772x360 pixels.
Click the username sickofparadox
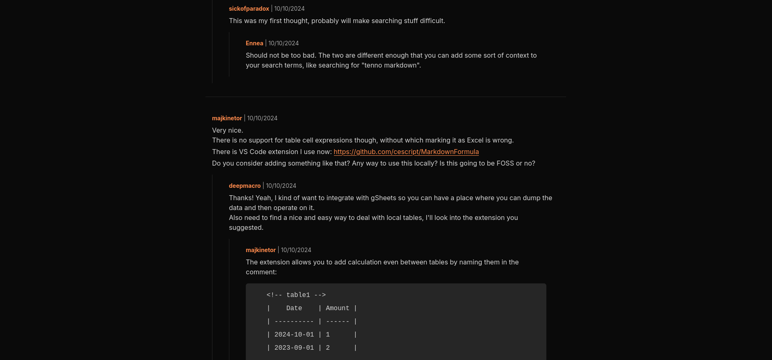pyautogui.click(x=249, y=9)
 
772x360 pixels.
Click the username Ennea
pyautogui.click(x=254, y=43)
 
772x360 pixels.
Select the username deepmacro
pyautogui.click(x=245, y=186)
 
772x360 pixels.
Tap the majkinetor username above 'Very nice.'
pyautogui.click(x=227, y=118)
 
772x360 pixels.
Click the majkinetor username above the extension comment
pyautogui.click(x=261, y=250)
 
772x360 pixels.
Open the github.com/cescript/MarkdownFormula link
pyautogui.click(x=406, y=152)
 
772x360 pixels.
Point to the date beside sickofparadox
pyautogui.click(x=289, y=9)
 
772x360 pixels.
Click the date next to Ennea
pyautogui.click(x=284, y=43)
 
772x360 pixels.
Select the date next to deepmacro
pyautogui.click(x=281, y=186)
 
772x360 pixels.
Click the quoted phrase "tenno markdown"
pyautogui.click(x=391, y=65)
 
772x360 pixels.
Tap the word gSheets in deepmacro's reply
pyautogui.click(x=383, y=198)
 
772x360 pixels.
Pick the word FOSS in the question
pyautogui.click(x=505, y=164)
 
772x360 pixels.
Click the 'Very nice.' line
pyautogui.click(x=227, y=131)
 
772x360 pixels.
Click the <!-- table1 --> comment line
pyautogui.click(x=296, y=295)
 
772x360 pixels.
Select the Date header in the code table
pyautogui.click(x=294, y=309)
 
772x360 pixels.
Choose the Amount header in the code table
pyautogui.click(x=337, y=309)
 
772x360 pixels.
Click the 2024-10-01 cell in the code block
pyautogui.click(x=294, y=335)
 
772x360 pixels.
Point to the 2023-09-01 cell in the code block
pyautogui.click(x=294, y=348)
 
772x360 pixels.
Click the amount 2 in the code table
pyautogui.click(x=328, y=348)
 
